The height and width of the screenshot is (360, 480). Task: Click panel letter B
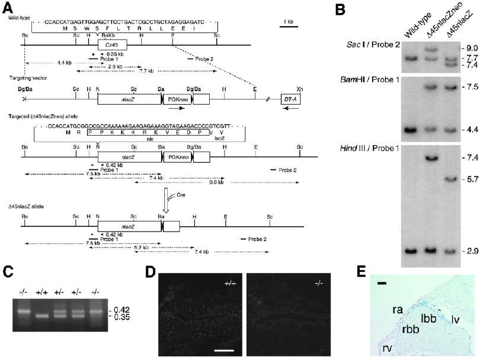[x=340, y=9]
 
